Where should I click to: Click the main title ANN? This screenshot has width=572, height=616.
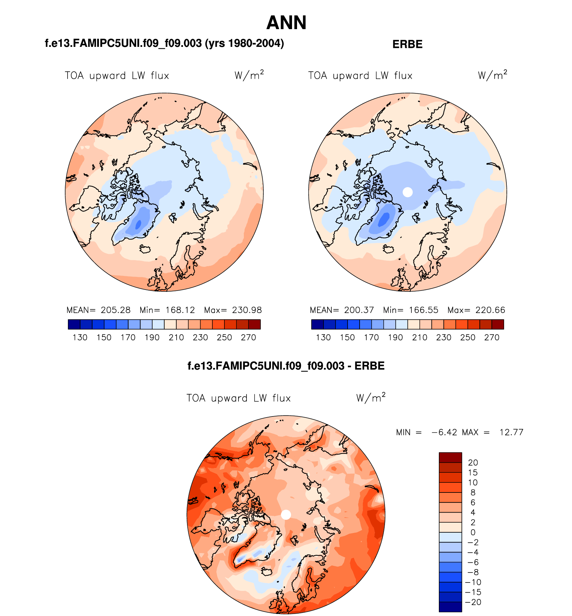[286, 23]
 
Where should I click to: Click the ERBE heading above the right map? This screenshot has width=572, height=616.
[407, 44]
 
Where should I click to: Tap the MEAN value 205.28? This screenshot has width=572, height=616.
[115, 310]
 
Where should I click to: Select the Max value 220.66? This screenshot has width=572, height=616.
[490, 310]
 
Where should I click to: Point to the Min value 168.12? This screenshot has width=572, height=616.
[180, 310]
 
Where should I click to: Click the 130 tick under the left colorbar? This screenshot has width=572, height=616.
[80, 337]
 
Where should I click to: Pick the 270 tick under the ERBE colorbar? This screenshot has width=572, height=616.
[492, 337]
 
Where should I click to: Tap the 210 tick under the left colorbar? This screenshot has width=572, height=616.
[176, 337]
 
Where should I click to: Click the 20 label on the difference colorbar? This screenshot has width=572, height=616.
[473, 463]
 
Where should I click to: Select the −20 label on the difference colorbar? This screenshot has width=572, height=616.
[473, 602]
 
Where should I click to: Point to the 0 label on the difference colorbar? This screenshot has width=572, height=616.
[473, 532]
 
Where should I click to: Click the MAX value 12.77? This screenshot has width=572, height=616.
[511, 432]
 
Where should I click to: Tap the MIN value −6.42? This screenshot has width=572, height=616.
[444, 432]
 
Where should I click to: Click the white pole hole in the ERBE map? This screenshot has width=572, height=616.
[407, 192]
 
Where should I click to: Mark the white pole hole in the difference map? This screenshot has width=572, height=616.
[286, 515]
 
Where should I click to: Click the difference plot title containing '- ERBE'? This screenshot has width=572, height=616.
[286, 366]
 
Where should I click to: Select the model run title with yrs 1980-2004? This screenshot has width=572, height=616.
[164, 44]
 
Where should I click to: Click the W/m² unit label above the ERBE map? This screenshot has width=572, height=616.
[492, 75]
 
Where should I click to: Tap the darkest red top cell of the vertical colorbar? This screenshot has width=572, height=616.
[450, 457]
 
